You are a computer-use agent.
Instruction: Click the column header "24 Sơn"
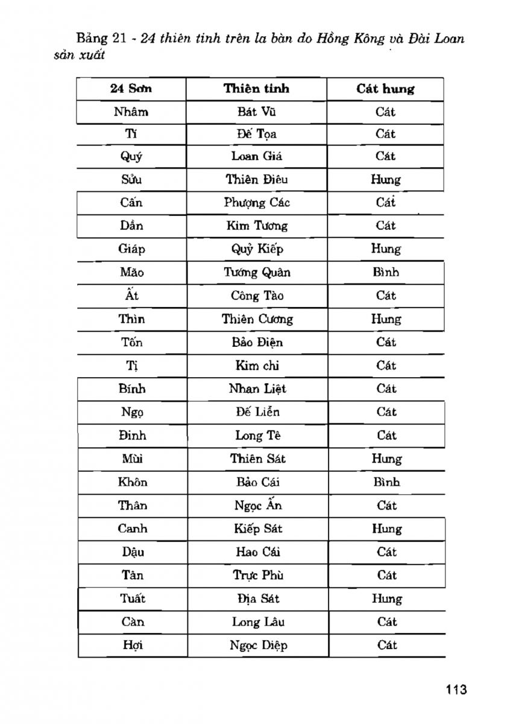point(131,89)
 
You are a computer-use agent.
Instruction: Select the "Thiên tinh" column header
point(256,89)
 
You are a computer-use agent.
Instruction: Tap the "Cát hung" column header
point(385,89)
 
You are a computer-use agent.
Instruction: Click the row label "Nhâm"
point(131,112)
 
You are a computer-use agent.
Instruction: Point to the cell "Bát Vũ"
point(257,112)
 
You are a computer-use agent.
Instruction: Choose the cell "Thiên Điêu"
point(257,179)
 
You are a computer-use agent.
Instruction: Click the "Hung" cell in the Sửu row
point(386,179)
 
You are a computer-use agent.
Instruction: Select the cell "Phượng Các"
point(257,202)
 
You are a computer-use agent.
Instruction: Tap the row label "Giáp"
point(131,249)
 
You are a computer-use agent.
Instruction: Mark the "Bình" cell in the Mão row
point(386,272)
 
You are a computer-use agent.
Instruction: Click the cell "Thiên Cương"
point(257,319)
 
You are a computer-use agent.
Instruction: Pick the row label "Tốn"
point(131,342)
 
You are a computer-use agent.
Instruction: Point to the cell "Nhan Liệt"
point(257,389)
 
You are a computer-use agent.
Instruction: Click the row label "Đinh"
point(132,435)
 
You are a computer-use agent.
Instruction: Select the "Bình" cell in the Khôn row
point(386,482)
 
